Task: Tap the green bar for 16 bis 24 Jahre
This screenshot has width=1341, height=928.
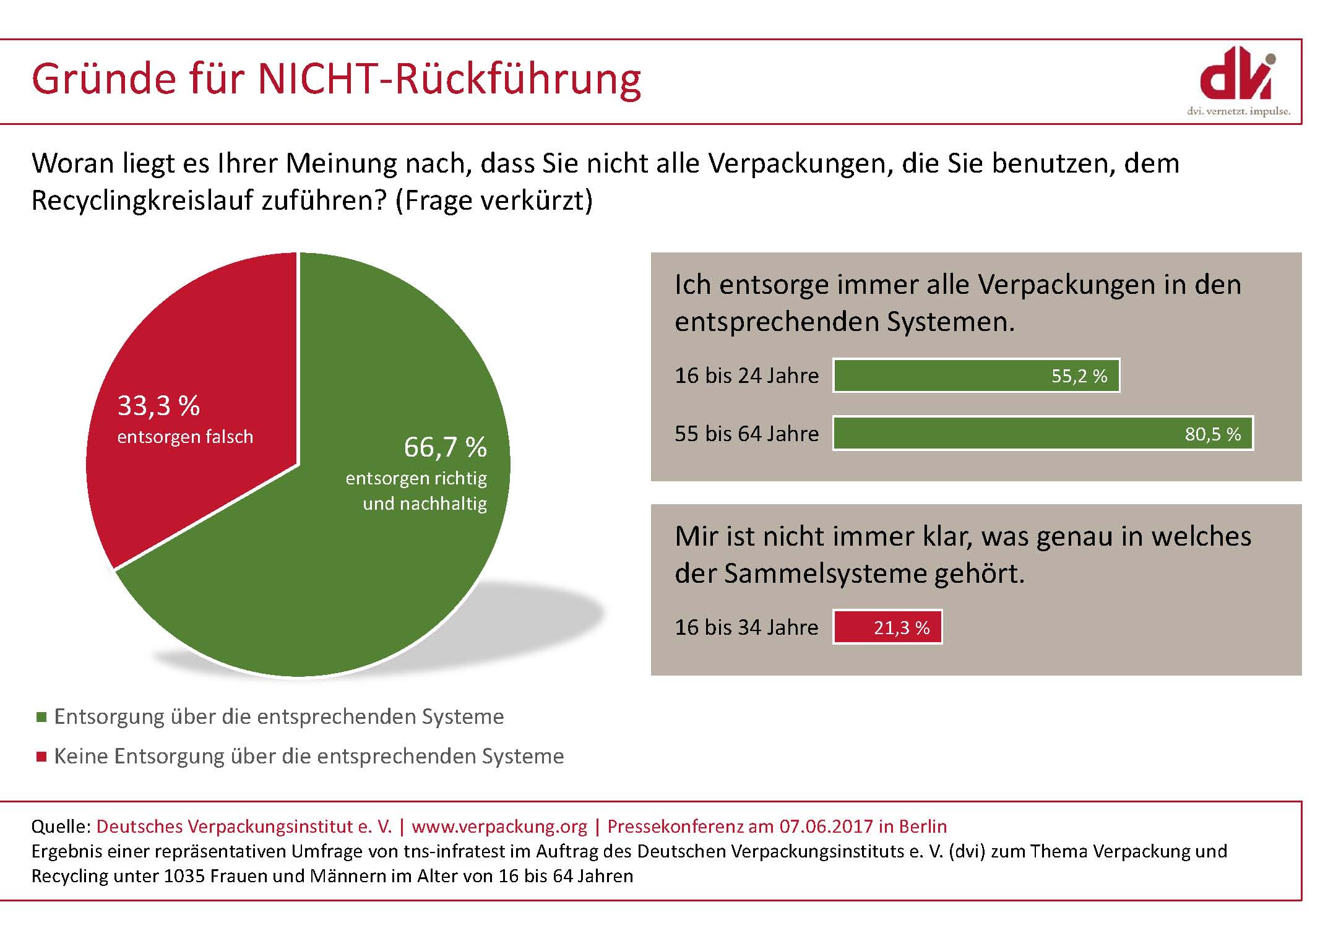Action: (976, 376)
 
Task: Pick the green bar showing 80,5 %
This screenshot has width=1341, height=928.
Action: (1043, 433)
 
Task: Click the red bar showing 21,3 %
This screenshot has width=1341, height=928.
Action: (887, 627)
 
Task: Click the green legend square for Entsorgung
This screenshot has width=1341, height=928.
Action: (42, 717)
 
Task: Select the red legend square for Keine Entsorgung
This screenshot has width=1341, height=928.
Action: (42, 757)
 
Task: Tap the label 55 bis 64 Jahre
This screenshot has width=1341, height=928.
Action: (746, 434)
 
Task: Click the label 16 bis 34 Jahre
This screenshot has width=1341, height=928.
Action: (746, 627)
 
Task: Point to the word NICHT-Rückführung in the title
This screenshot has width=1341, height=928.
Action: (449, 79)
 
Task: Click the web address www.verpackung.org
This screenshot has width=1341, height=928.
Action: (499, 827)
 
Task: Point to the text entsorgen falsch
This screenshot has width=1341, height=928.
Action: (185, 437)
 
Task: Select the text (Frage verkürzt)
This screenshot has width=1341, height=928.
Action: (494, 200)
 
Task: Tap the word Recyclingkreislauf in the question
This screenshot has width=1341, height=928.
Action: (142, 200)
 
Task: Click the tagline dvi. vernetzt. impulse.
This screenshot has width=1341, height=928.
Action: (1238, 112)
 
